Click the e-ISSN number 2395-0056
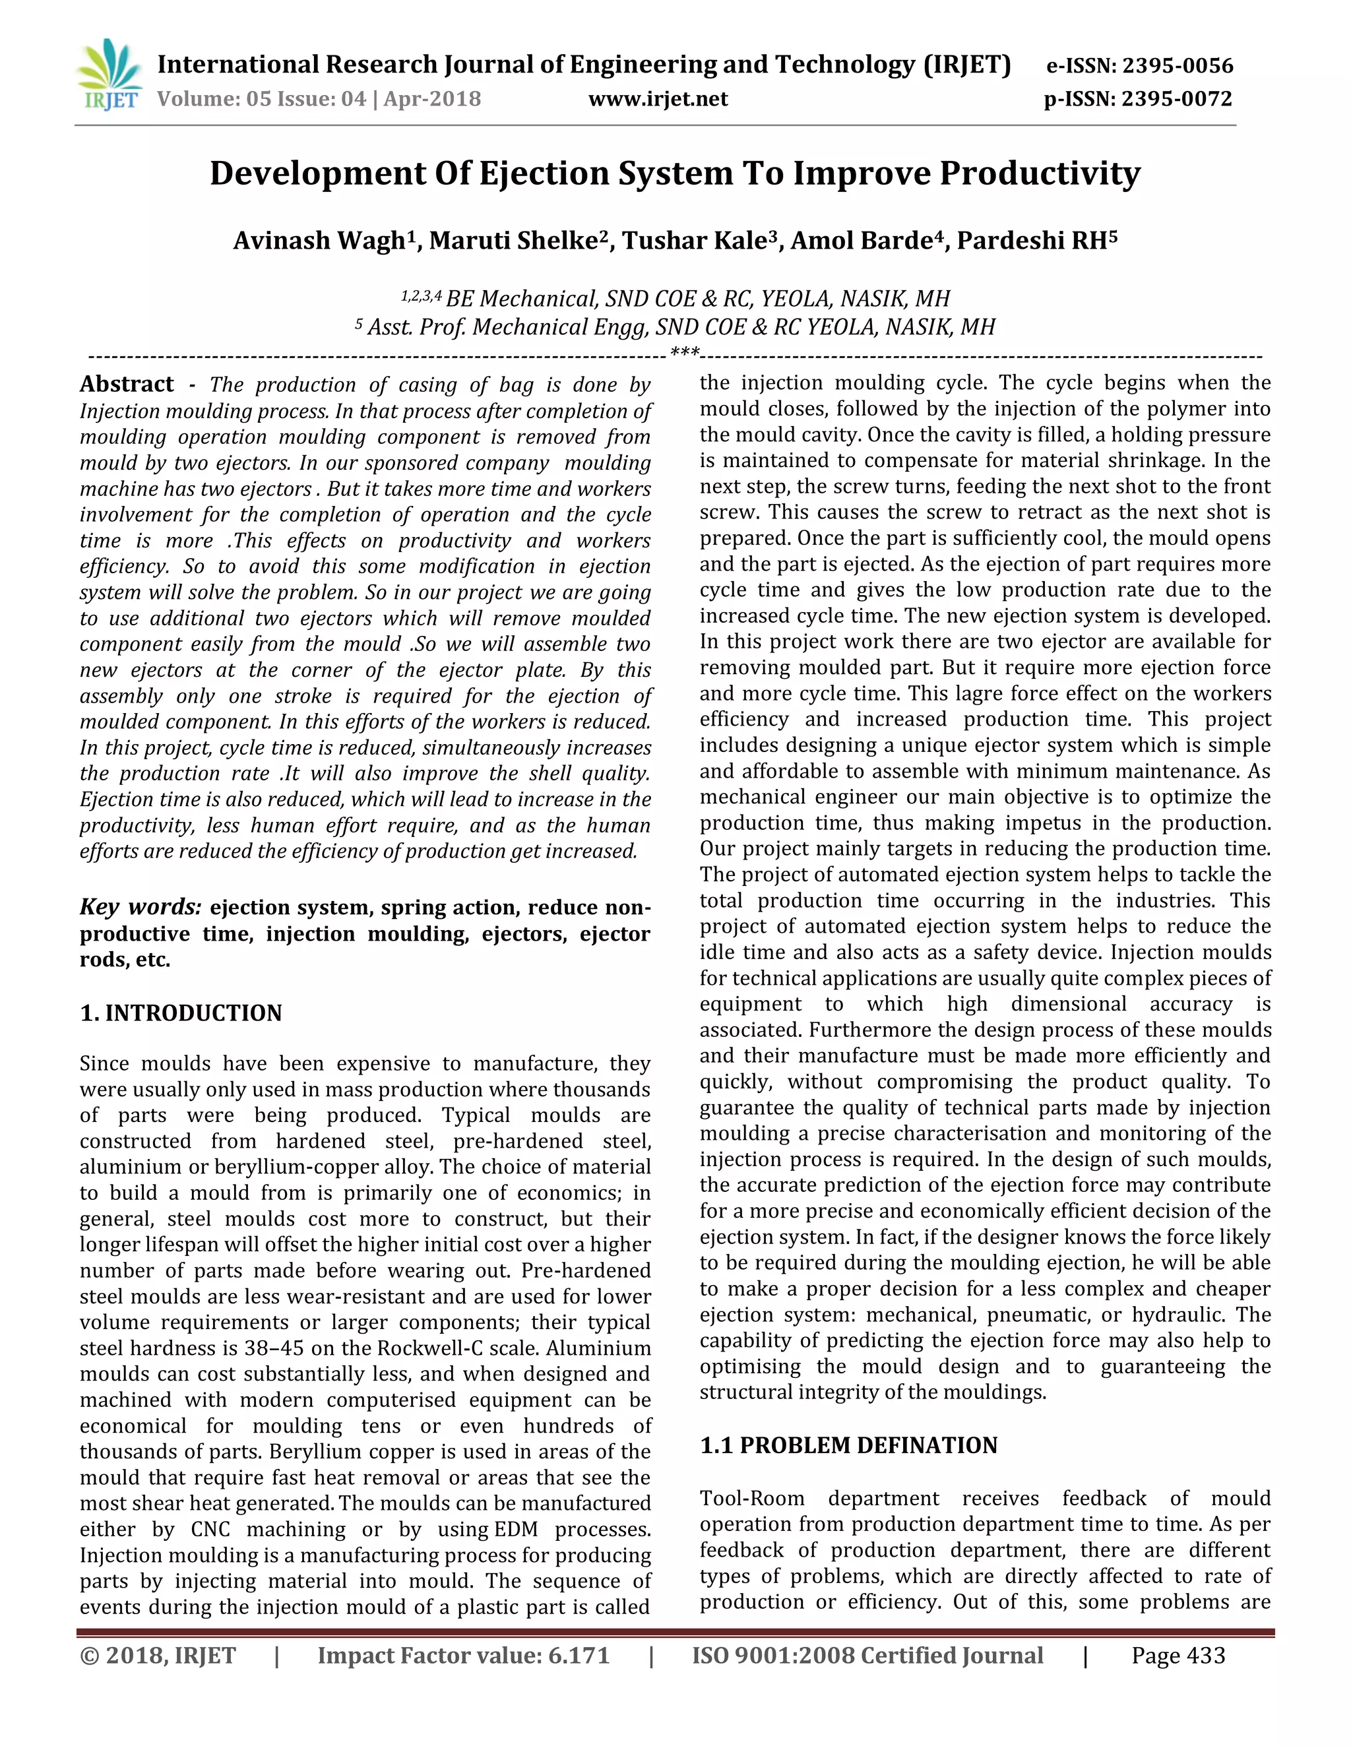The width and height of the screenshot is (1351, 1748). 1178,65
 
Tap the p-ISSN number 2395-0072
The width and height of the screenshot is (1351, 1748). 1177,99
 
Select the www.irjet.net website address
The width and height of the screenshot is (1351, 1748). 658,99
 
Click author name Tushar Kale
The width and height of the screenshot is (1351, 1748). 695,240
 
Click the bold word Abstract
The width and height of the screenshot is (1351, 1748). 127,385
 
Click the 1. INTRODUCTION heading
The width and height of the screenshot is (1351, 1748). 181,1013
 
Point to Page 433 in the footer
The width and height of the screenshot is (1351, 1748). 1178,1655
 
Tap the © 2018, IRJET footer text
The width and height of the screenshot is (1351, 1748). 158,1655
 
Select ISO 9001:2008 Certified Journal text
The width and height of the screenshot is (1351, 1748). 867,1655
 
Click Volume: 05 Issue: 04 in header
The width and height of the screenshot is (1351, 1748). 262,99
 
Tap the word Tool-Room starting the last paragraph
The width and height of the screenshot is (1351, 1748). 751,1498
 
